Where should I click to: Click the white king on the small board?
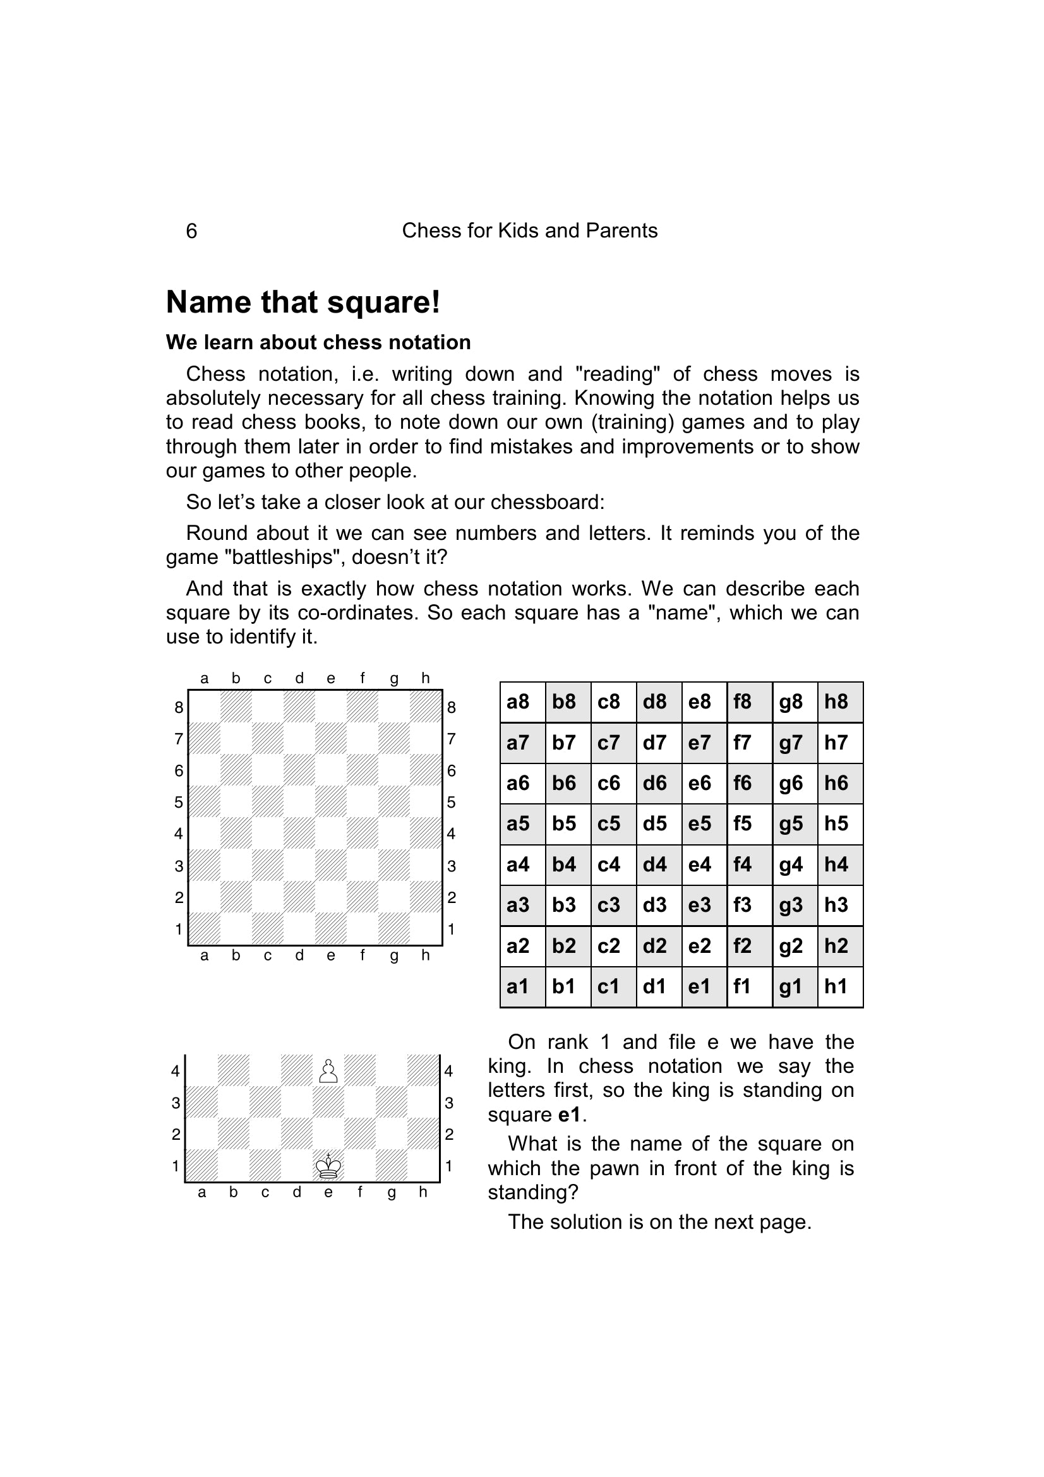pos(328,1166)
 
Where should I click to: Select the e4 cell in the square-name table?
pos(704,864)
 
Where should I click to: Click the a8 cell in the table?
pos(522,702)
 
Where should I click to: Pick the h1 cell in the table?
pos(840,986)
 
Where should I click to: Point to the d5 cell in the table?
pos(659,823)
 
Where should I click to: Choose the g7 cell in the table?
pos(795,743)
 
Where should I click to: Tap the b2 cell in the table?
pos(567,946)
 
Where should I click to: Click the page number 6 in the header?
pos(191,231)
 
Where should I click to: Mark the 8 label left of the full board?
pos(179,708)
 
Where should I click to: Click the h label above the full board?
pos(425,678)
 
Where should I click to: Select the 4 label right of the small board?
pos(449,1071)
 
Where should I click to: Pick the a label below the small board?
pos(202,1192)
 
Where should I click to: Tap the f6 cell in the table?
pos(750,783)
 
